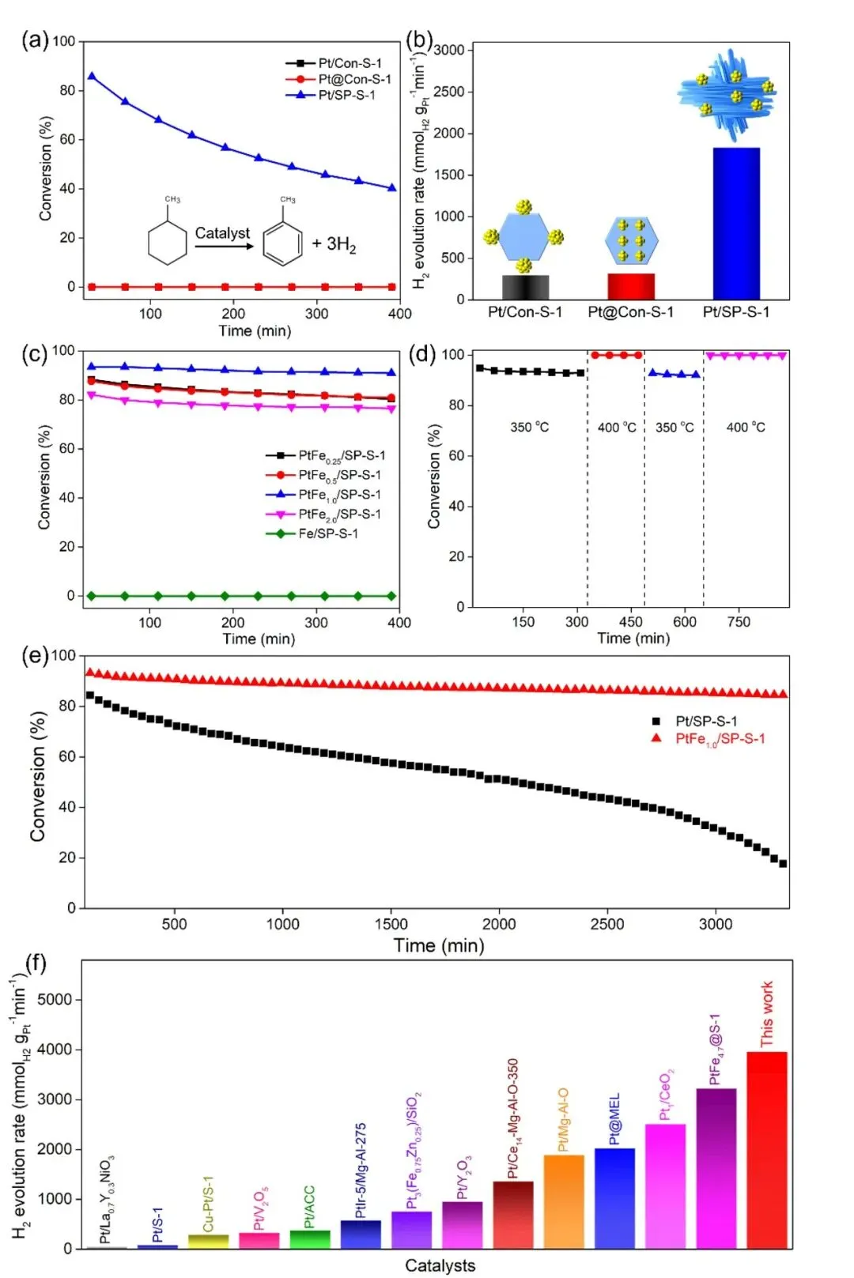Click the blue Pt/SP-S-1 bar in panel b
[x=735, y=223]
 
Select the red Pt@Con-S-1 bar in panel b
[x=630, y=286]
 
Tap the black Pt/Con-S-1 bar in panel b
[x=525, y=287]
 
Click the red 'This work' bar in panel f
[x=766, y=1150]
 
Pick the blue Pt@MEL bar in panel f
[x=614, y=1198]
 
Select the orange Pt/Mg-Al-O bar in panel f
[x=564, y=1201]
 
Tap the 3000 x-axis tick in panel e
[x=715, y=924]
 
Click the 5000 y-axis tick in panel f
[x=55, y=999]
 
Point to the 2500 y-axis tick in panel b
[x=448, y=92]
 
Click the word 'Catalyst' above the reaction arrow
[x=222, y=233]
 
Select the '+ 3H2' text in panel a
[x=334, y=244]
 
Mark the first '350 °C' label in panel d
[x=529, y=427]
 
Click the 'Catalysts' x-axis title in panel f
[x=440, y=1265]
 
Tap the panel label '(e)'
[x=35, y=655]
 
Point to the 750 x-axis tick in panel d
[x=739, y=621]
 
